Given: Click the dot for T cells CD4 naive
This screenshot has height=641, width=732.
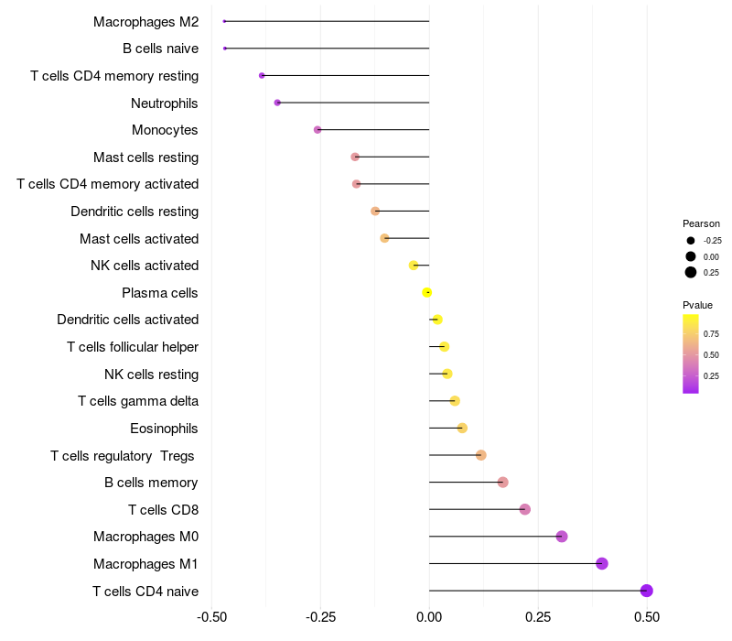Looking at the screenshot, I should tap(646, 591).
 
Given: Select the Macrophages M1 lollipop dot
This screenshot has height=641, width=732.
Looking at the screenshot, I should tap(602, 563).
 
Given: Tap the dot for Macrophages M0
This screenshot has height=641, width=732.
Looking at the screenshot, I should tap(562, 537).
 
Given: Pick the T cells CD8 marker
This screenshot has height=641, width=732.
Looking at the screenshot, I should tap(524, 509).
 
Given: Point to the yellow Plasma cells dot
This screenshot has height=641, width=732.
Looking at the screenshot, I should tap(427, 292).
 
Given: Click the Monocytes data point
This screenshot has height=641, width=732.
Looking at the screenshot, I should tap(318, 130).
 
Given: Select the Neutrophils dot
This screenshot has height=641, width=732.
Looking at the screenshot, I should tap(277, 103).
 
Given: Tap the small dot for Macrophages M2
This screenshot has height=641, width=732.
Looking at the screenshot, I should tap(224, 21).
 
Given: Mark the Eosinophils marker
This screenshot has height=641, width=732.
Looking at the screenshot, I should tap(462, 428).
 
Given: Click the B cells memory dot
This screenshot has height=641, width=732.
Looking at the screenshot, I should tap(502, 482).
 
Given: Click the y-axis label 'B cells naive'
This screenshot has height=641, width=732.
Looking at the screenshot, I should tap(160, 49).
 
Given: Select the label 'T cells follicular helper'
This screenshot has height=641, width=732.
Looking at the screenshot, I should tap(133, 347).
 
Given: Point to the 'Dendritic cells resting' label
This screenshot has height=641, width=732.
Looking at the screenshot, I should tap(135, 212).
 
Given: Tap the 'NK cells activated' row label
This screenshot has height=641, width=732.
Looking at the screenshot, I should tap(145, 266).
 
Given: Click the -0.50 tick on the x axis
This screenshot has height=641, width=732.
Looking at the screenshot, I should tap(212, 615).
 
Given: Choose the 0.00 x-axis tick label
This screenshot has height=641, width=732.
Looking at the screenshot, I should tap(429, 615).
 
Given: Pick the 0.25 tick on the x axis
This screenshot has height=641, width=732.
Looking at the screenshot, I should tap(538, 615).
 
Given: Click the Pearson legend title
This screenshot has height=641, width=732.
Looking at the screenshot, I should tap(701, 223).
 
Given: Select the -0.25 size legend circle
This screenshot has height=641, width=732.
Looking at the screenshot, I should tap(691, 241).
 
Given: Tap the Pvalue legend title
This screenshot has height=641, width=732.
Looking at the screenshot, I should tap(697, 305).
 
